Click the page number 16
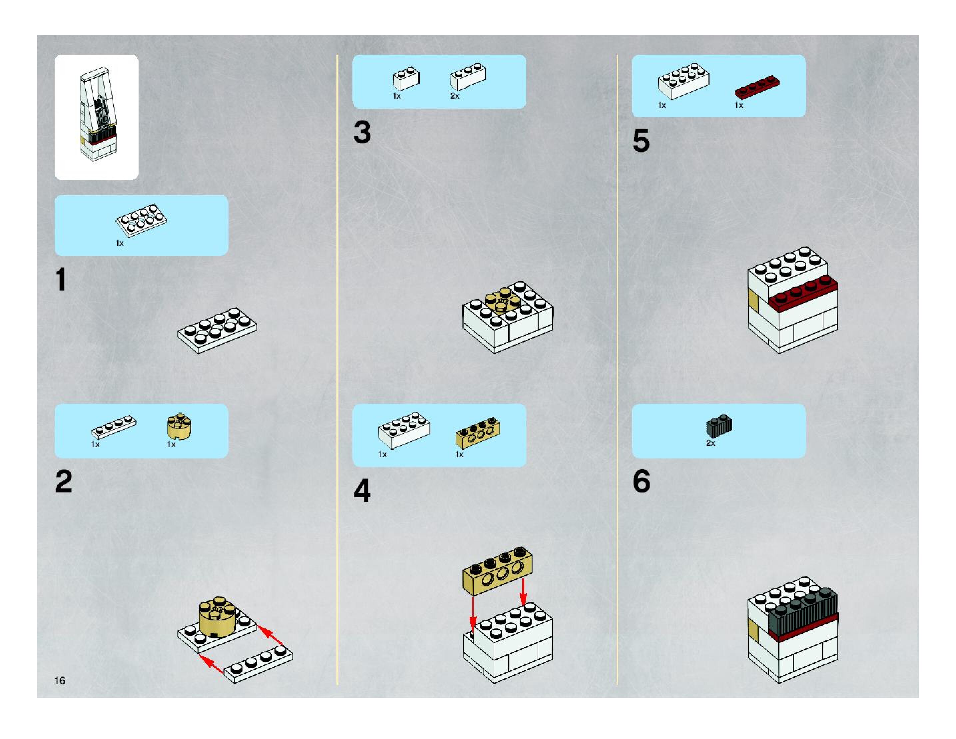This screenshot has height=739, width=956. (60, 680)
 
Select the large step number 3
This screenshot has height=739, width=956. (362, 132)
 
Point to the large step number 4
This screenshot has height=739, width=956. (362, 490)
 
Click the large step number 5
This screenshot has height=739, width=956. (641, 141)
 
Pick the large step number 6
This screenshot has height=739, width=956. (641, 481)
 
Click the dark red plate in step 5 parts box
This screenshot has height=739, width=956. (757, 87)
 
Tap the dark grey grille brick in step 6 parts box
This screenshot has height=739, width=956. (719, 426)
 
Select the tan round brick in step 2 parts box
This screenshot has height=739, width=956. (179, 426)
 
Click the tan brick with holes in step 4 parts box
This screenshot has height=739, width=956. (478, 432)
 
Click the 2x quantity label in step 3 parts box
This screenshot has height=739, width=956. (455, 95)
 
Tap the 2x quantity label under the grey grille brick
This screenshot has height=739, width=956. (711, 443)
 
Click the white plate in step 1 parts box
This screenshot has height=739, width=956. (141, 220)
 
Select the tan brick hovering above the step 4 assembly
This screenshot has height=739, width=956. (498, 570)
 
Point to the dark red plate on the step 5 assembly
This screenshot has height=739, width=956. (803, 293)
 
